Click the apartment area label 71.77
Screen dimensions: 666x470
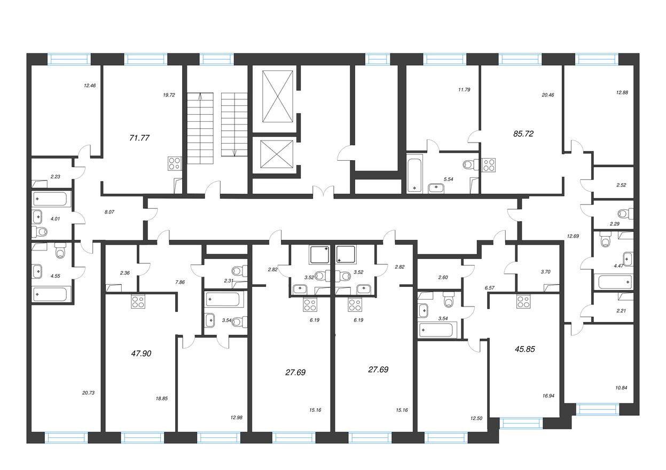[x=139, y=138]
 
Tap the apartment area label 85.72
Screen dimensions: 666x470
[x=523, y=134]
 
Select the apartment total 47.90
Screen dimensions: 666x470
[x=141, y=354]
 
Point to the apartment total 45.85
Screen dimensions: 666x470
[x=525, y=349]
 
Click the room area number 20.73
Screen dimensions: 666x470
[x=88, y=393]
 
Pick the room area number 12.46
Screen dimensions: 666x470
[x=90, y=85]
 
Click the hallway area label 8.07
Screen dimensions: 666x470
[x=109, y=212]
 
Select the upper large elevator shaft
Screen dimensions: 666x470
[x=278, y=96]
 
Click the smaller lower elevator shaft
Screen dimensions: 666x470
[x=277, y=154]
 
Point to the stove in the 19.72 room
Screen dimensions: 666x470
[x=174, y=163]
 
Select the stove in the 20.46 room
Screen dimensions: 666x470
[x=489, y=165]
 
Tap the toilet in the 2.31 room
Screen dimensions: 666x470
[x=239, y=271]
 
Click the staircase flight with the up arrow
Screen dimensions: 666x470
[x=200, y=128]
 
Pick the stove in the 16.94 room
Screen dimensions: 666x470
[x=523, y=301]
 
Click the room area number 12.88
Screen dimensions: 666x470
[x=622, y=92]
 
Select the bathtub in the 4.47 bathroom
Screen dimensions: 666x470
[x=613, y=281]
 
